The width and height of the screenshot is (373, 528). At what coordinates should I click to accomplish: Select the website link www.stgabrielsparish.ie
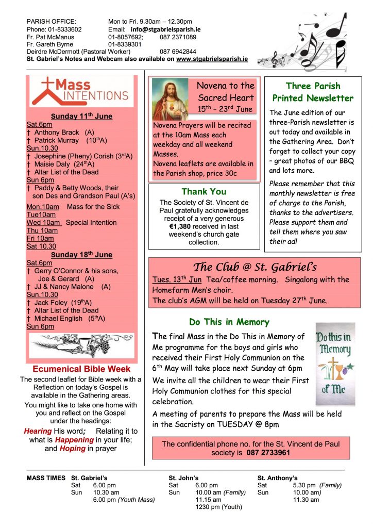click(x=212, y=59)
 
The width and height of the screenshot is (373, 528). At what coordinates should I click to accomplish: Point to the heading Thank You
click(x=204, y=192)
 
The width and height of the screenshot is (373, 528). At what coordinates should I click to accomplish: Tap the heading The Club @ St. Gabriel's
click(x=255, y=267)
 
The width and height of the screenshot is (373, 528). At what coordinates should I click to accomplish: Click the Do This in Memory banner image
click(x=335, y=364)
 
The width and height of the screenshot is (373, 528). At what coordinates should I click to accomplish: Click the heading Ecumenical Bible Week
click(x=81, y=369)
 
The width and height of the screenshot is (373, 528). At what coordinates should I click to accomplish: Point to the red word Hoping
click(x=72, y=449)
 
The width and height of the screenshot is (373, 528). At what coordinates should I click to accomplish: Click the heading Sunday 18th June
click(x=81, y=255)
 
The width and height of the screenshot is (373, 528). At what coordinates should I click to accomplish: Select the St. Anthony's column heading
click(x=277, y=478)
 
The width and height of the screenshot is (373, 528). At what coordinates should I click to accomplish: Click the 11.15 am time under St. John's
click(x=209, y=500)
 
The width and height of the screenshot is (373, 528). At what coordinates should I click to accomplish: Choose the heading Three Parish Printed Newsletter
click(x=313, y=92)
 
